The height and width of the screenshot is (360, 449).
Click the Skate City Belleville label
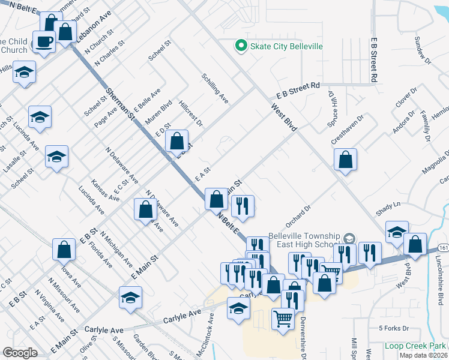[x=287, y=46]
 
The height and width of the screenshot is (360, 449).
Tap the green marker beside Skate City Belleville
[x=241, y=46]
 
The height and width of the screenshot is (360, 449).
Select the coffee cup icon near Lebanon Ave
[x=44, y=42]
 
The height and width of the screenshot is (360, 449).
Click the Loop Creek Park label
[x=415, y=346]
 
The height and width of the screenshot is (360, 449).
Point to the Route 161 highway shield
[x=443, y=247]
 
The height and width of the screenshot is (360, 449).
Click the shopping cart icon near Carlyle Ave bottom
[x=282, y=317]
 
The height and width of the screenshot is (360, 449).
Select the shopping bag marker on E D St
[x=176, y=142]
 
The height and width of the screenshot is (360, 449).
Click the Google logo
[x=20, y=353]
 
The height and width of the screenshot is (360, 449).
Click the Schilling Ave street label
[x=215, y=88]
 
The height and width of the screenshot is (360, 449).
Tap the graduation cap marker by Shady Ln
[x=397, y=232]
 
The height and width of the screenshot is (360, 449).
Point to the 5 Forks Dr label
[x=394, y=329]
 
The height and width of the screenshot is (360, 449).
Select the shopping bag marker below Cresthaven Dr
[x=346, y=160]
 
